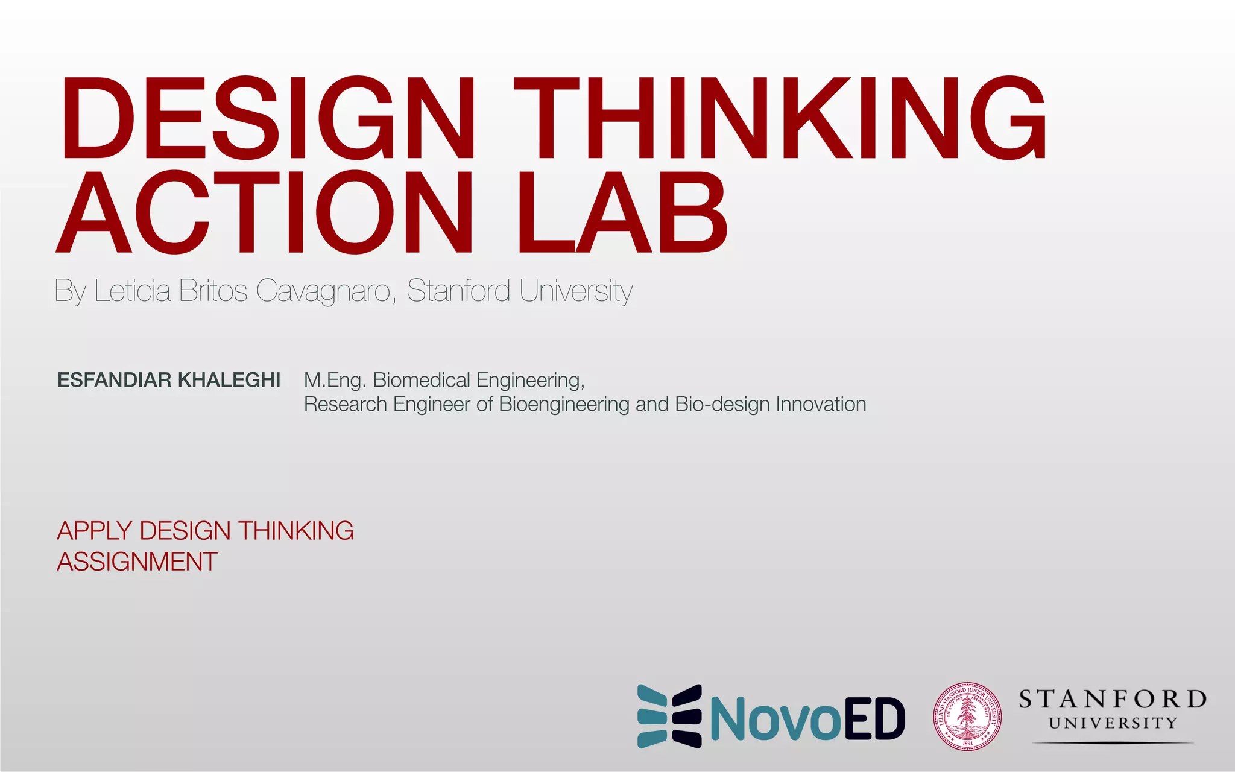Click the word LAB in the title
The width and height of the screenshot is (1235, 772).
click(x=622, y=212)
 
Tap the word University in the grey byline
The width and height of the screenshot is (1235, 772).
click(x=576, y=291)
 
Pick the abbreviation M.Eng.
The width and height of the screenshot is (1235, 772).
click(x=335, y=380)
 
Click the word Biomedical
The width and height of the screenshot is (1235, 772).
click(x=422, y=380)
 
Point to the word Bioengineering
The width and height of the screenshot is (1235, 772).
click(x=564, y=404)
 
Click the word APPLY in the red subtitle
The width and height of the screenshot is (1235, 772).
click(x=94, y=531)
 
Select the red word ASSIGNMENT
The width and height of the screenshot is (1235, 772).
click(x=137, y=562)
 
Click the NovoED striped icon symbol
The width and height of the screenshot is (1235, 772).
click(x=669, y=717)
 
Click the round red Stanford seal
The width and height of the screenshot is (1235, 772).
click(x=967, y=717)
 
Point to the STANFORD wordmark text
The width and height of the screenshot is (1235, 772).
click(x=1113, y=700)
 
